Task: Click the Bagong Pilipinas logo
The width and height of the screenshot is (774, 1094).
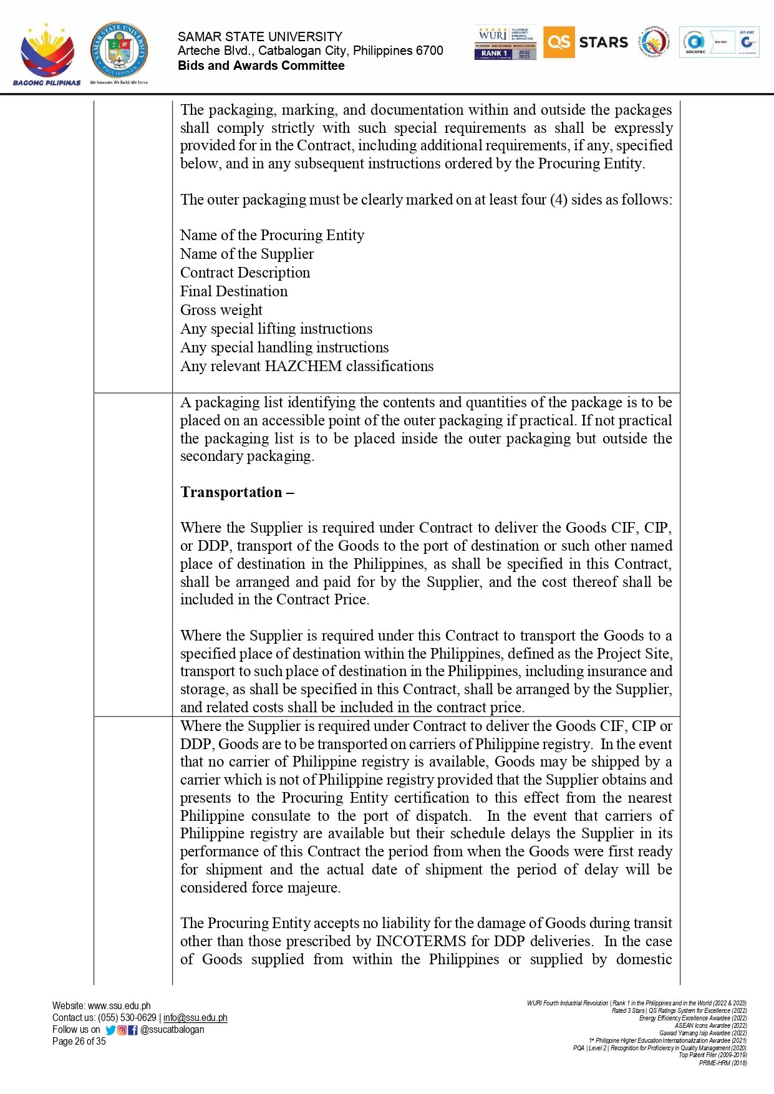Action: pos(47,54)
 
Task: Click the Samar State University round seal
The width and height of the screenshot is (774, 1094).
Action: pos(119,51)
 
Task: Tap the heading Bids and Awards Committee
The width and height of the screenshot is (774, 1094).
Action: pos(261,66)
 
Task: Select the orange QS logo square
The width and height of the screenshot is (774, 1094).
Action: pos(558,42)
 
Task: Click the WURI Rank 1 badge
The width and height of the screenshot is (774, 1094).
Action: pos(505,43)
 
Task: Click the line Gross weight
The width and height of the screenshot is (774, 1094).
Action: pos(221,310)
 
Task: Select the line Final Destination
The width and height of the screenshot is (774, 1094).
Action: pos(234,291)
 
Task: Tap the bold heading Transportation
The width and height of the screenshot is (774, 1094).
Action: pos(236,492)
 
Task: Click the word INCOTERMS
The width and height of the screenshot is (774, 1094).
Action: pos(421,941)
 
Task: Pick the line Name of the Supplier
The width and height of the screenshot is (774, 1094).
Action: pos(247,254)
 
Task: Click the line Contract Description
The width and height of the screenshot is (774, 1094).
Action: pos(245,273)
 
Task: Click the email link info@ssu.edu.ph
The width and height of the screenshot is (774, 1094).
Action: pos(195,1018)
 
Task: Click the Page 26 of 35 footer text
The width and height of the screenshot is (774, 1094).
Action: pos(79,1042)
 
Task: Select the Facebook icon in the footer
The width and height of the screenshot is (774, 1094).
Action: pos(133,1030)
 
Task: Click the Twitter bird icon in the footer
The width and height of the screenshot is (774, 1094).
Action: pos(110,1030)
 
